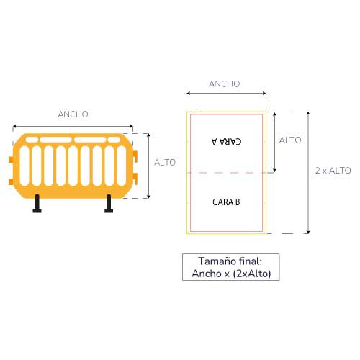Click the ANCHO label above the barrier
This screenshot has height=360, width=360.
73,114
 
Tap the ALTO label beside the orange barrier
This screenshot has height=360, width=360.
165,163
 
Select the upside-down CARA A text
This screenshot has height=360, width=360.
227,141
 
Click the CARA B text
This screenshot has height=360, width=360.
226,202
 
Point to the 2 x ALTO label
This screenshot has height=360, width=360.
333,171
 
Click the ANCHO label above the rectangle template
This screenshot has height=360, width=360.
225,84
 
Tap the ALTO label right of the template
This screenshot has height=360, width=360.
290,140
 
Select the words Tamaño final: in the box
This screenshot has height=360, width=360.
230,261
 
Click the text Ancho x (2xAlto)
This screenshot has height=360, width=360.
231,274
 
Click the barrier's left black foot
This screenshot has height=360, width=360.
37,204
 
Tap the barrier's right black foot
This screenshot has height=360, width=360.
109,204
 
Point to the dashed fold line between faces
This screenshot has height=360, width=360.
230,173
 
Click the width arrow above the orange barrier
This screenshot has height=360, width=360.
73,126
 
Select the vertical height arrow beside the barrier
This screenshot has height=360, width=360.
148,166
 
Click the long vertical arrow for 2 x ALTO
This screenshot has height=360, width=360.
308,173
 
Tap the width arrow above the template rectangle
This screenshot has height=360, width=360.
227,93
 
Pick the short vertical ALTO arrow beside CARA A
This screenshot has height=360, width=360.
275,142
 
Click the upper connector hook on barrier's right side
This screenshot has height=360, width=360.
135,156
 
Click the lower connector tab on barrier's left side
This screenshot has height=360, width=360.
11,182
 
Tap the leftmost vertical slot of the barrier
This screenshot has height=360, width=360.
24,166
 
